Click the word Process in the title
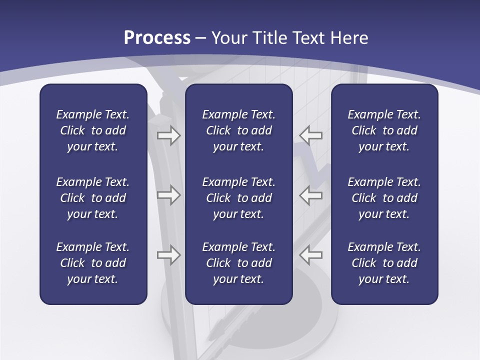tap(157, 38)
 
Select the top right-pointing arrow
tap(169, 135)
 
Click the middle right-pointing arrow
tap(169, 195)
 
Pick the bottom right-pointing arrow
tap(169, 255)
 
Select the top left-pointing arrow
tap(310, 135)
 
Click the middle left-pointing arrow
tap(310, 195)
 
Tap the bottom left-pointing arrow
tap(310, 255)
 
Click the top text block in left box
tap(93, 130)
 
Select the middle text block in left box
tap(93, 198)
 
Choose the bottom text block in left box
tap(93, 263)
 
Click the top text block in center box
tap(238, 130)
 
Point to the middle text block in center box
tap(238, 198)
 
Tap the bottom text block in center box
tap(238, 263)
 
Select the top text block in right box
tap(384, 130)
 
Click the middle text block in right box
tap(384, 198)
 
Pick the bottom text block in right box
tap(384, 263)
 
